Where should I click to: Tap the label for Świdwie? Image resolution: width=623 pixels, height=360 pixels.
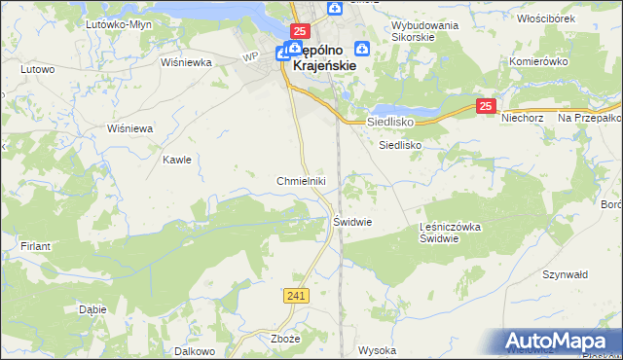tap(353, 221)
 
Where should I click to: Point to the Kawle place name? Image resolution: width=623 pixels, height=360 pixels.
tap(177, 160)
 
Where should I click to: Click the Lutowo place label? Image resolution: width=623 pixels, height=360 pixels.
tap(38, 69)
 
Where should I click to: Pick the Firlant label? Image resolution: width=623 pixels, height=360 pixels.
tap(35, 246)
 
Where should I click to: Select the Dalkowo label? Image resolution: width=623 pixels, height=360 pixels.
tap(195, 349)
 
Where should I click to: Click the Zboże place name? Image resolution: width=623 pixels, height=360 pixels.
tap(285, 340)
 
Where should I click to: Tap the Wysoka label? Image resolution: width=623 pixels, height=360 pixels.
tap(377, 349)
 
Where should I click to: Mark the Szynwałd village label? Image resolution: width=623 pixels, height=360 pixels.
tap(565, 275)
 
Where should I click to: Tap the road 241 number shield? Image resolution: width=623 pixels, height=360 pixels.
tap(298, 295)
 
